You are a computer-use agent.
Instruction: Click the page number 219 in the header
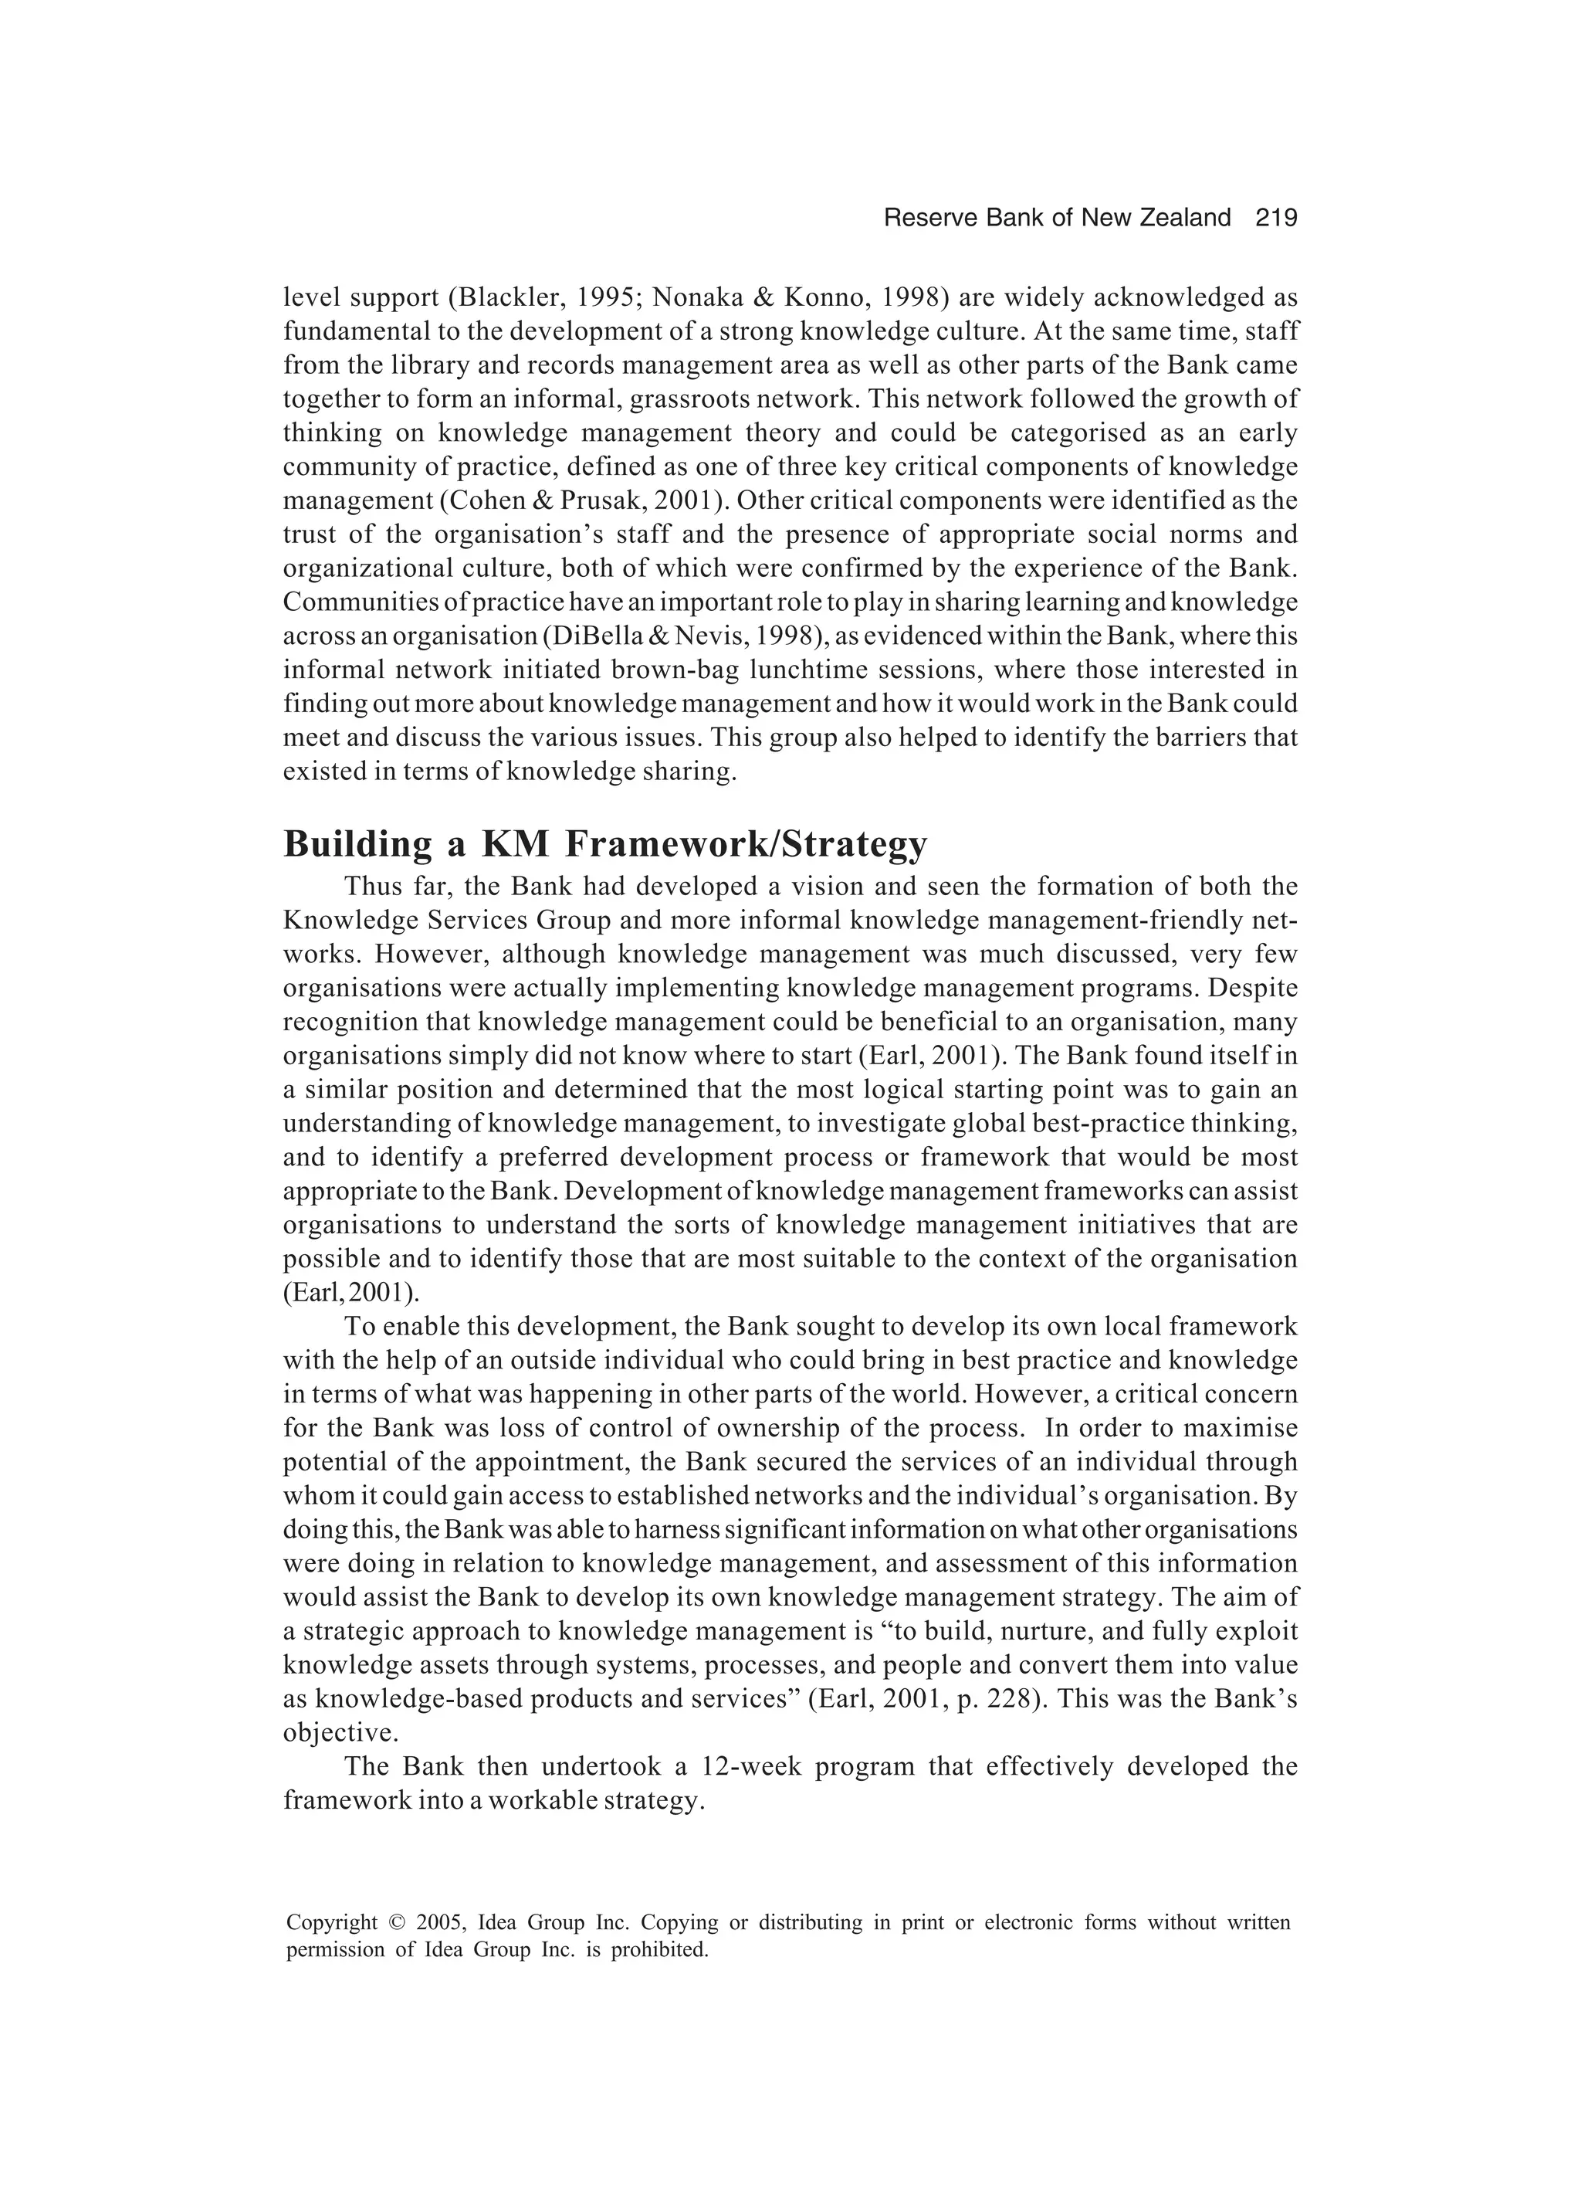point(1276,219)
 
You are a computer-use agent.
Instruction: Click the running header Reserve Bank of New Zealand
point(1057,219)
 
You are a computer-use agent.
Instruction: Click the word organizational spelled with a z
point(362,569)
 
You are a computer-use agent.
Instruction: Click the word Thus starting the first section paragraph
point(369,887)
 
